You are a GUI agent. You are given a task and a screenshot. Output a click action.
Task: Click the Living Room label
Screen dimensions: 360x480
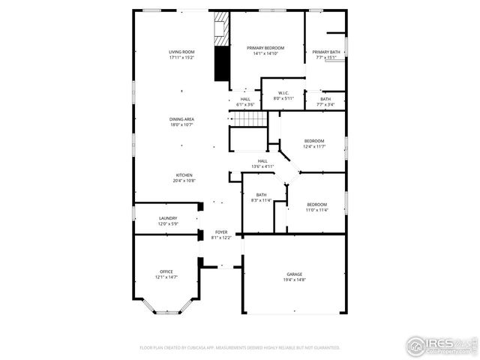pyautogui.click(x=181, y=54)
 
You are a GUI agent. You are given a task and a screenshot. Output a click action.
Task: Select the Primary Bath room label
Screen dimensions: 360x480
pyautogui.click(x=326, y=54)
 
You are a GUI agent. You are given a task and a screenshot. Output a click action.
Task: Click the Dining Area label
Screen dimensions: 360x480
pyautogui.click(x=181, y=122)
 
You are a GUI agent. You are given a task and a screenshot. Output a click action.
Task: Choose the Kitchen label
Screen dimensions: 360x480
pyautogui.click(x=184, y=178)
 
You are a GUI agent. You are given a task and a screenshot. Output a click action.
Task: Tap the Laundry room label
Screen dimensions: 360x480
pyautogui.click(x=167, y=221)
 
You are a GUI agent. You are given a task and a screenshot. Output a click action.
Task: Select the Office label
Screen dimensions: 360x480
pyautogui.click(x=166, y=274)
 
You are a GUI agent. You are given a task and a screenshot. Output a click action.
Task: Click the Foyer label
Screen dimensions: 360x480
pyautogui.click(x=221, y=235)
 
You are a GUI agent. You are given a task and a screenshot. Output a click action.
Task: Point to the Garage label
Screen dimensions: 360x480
pyautogui.click(x=294, y=277)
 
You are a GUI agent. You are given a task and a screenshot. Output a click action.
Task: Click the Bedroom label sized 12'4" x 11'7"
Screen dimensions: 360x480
pyautogui.click(x=314, y=143)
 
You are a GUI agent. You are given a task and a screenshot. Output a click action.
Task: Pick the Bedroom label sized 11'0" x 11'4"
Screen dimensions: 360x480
pyautogui.click(x=316, y=207)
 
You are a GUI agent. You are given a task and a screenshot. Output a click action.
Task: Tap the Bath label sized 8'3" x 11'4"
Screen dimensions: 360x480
pyautogui.click(x=261, y=197)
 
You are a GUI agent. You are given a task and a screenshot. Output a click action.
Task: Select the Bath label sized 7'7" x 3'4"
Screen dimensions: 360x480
pyautogui.click(x=325, y=101)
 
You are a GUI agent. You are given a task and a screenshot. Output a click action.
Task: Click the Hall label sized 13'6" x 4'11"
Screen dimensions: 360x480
pyautogui.click(x=262, y=163)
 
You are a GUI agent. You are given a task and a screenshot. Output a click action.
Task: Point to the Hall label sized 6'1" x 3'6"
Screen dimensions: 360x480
pyautogui.click(x=245, y=101)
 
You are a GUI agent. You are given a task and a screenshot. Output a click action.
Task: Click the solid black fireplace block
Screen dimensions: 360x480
pyautogui.click(x=221, y=64)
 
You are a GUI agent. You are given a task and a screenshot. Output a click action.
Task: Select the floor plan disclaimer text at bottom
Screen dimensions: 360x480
pyautogui.click(x=240, y=348)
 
